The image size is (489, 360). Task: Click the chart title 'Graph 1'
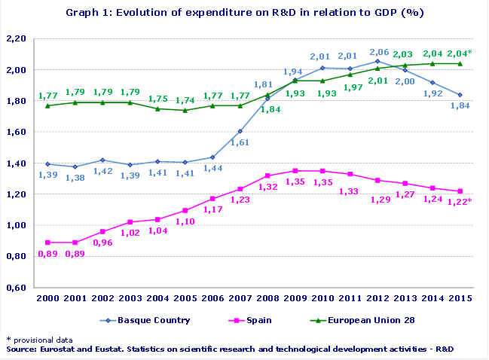pos(244,13)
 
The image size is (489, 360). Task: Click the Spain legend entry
pos(249,320)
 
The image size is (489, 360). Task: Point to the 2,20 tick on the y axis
pos(16,38)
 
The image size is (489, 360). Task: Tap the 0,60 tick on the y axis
pos(16,287)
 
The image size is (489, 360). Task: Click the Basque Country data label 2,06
pos(381,52)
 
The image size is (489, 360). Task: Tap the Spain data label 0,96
pos(102,243)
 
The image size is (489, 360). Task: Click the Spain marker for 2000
pos(48,243)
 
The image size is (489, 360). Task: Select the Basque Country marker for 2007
pos(240,131)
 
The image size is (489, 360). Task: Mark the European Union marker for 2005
pos(186,110)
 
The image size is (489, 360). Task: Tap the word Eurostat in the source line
pos(60,350)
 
